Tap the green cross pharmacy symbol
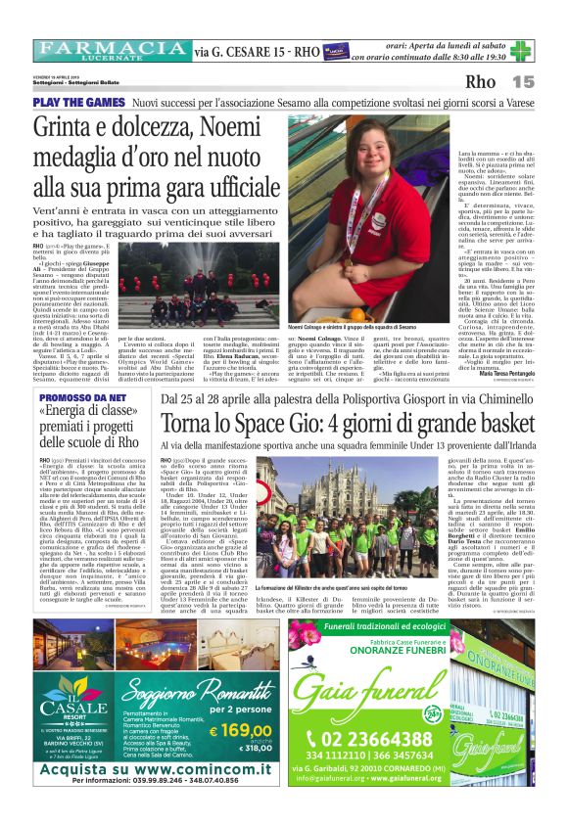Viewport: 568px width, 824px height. (520, 50)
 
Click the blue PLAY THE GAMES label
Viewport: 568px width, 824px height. (78, 102)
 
